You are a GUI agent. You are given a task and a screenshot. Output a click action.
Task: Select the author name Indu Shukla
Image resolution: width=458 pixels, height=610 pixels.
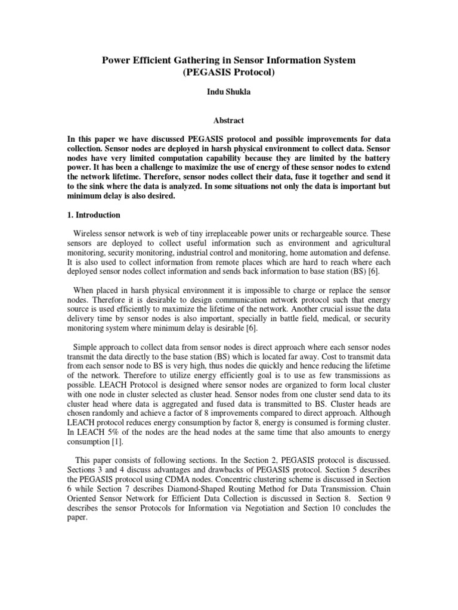(228, 95)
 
